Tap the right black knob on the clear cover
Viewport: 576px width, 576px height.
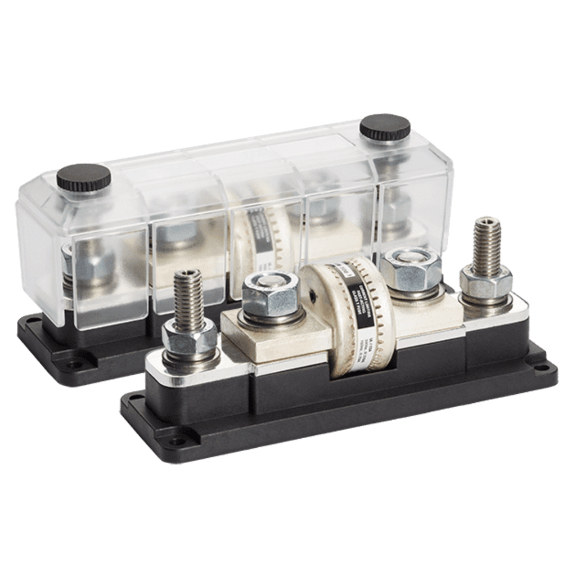point(385,126)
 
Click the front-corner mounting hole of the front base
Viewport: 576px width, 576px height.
point(179,440)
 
